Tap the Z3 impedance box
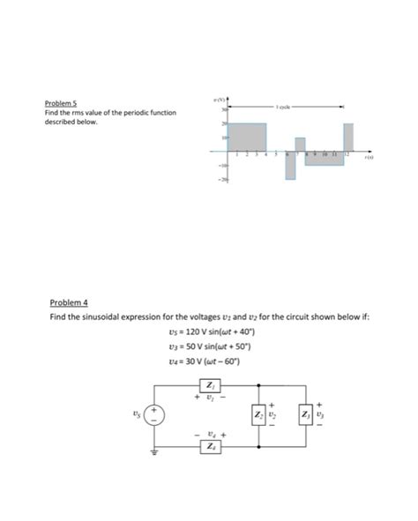click(308, 414)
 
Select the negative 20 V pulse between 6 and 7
click(289, 167)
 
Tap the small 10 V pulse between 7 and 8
click(300, 145)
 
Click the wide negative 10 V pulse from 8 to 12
click(324, 159)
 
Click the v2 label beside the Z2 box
click(273, 414)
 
